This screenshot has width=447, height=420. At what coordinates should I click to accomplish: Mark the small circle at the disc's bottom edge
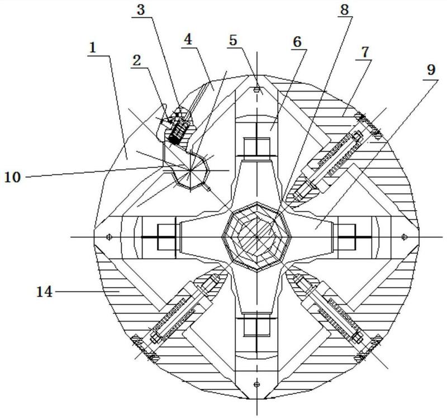click(x=256, y=384)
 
